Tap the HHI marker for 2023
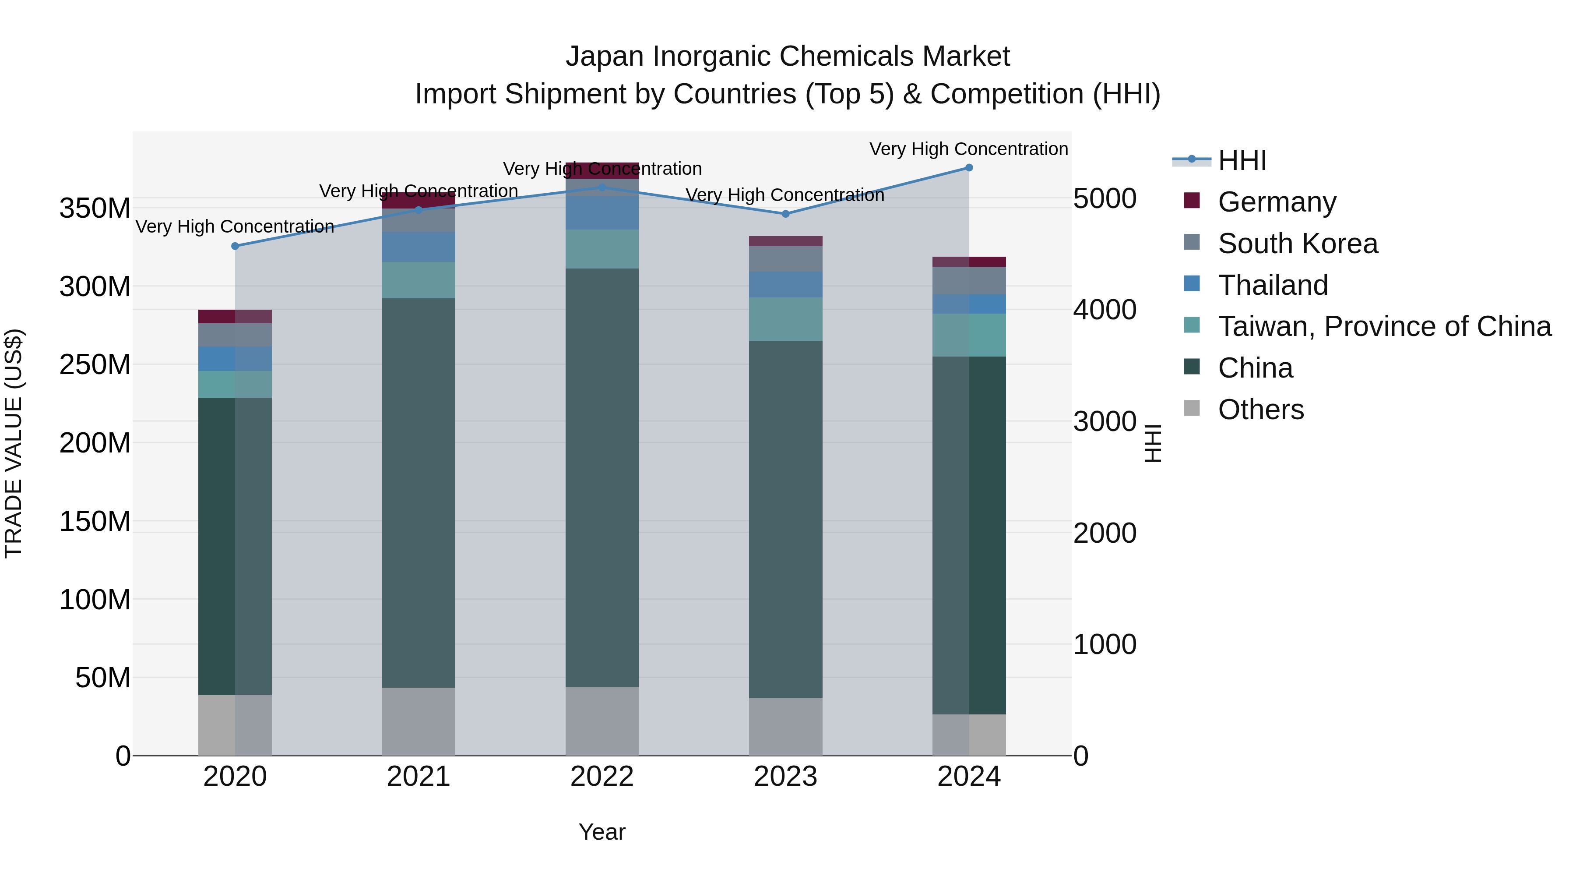point(785,214)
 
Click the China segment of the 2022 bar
point(602,477)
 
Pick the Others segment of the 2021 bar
point(419,721)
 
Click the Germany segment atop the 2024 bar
point(969,262)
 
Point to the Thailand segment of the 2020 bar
point(235,359)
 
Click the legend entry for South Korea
point(1297,244)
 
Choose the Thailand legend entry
point(1273,285)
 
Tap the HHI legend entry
point(1242,160)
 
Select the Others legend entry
point(1260,410)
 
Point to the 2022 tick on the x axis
point(602,777)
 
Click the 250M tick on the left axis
point(95,365)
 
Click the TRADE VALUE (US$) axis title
point(14,443)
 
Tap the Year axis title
point(602,832)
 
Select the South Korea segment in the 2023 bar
point(785,259)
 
